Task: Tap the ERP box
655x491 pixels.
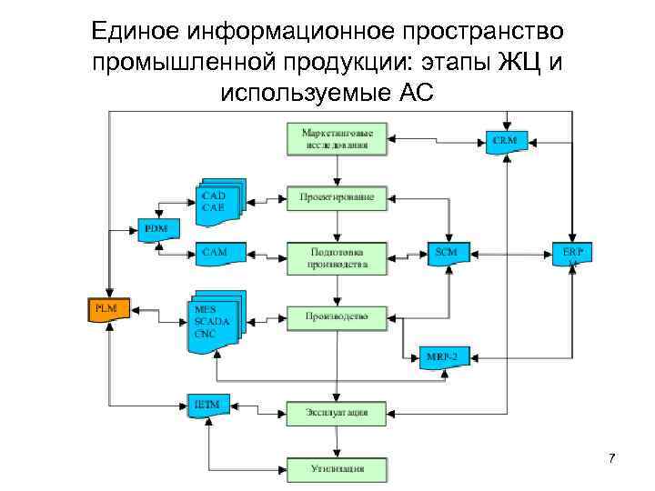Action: [572, 255]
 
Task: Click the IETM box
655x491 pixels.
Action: [208, 404]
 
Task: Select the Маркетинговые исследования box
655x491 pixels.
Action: [337, 138]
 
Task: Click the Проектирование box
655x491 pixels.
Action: [337, 196]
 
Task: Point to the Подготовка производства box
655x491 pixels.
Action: [337, 257]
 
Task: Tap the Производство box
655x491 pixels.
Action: [337, 317]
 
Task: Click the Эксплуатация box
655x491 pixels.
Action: [337, 412]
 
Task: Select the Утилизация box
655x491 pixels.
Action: [337, 469]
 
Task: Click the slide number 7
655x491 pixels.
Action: [611, 458]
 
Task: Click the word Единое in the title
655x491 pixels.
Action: [137, 32]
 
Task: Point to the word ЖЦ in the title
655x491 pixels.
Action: [519, 62]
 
